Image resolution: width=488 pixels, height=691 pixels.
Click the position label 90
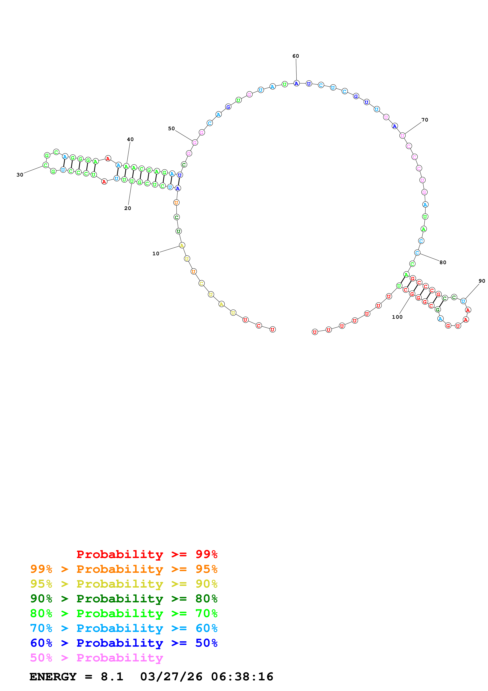tap(482, 281)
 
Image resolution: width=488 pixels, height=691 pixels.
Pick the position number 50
tap(171, 128)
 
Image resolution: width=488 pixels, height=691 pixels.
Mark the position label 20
tap(128, 208)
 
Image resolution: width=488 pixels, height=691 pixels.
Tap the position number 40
tap(130, 139)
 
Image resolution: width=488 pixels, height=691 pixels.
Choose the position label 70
tap(425, 120)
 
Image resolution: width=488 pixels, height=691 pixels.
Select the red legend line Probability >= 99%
tap(147, 554)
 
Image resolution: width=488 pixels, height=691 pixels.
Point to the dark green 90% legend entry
tap(124, 599)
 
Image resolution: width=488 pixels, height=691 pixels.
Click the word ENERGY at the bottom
tap(53, 677)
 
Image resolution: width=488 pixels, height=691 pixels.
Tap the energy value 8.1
tap(112, 677)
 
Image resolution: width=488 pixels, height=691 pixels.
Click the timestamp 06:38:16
tap(242, 677)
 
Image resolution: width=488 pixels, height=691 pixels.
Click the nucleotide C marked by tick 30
tap(45, 165)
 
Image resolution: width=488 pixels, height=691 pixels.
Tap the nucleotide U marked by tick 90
tap(463, 301)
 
